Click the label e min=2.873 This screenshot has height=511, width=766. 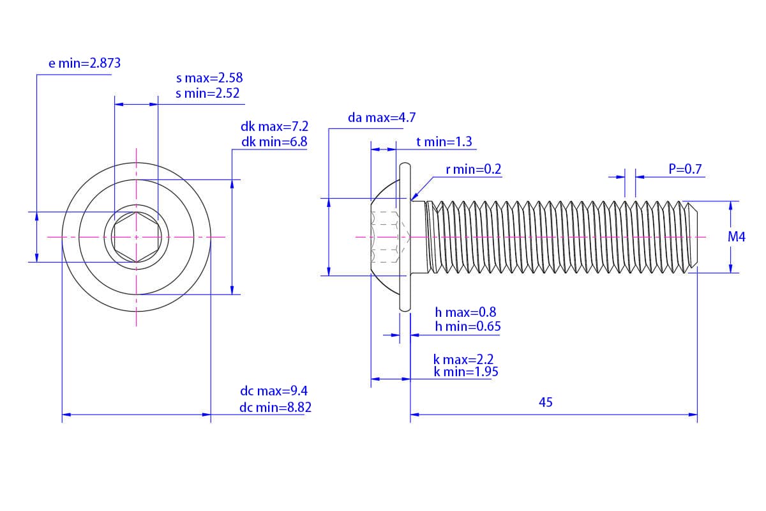[x=84, y=63]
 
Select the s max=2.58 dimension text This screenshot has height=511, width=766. [x=209, y=78]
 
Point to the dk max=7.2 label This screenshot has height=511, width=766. [x=274, y=126]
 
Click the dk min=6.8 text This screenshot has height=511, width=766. [x=274, y=142]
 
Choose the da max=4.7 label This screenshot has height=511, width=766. [x=382, y=118]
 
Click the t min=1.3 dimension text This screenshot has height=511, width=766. [x=444, y=142]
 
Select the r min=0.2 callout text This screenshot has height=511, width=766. [x=473, y=169]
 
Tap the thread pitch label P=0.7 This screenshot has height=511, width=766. [x=685, y=169]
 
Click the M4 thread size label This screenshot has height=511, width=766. [x=737, y=237]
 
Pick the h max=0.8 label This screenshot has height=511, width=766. [x=465, y=312]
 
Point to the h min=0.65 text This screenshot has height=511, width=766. [x=467, y=326]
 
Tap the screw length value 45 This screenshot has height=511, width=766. [x=546, y=402]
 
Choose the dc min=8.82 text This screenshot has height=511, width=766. [x=275, y=408]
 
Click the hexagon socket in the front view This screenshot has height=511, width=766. [x=136, y=237]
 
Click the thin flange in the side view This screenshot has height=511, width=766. [x=405, y=237]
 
